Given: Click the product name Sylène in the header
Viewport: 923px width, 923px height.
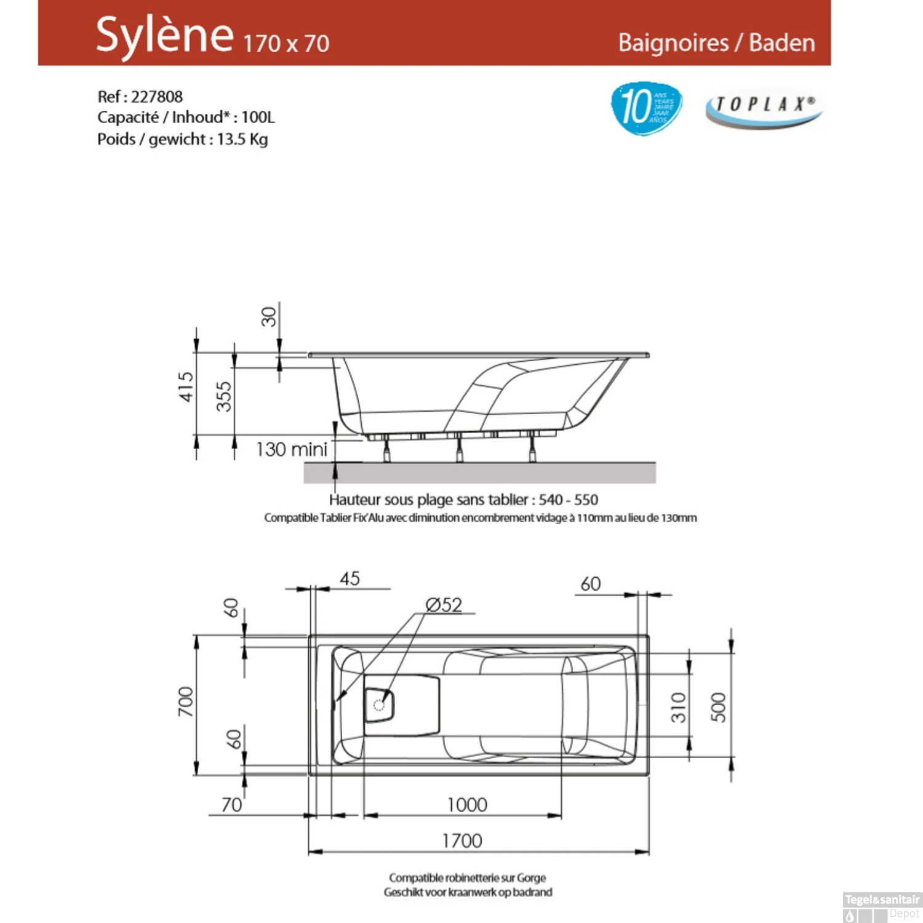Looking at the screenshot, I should tap(164, 35).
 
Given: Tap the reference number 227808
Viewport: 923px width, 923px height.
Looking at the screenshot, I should tap(157, 97).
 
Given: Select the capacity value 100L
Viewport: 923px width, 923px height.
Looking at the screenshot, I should tap(258, 117).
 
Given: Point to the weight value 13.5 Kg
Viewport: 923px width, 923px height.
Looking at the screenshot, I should tap(242, 139).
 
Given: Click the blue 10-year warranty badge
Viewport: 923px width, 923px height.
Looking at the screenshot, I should tap(645, 108).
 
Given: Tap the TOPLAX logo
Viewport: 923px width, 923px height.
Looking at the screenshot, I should tap(764, 108).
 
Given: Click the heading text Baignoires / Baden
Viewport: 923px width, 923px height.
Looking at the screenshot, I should tap(716, 42).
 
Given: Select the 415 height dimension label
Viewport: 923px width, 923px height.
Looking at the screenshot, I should tap(186, 386).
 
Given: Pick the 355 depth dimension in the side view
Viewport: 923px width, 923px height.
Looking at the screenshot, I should tap(224, 396).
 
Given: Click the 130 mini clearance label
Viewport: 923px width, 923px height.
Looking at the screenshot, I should tap(291, 449).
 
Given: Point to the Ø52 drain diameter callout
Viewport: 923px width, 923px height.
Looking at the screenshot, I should tap(444, 605).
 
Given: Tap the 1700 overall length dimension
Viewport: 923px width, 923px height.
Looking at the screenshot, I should tap(461, 841).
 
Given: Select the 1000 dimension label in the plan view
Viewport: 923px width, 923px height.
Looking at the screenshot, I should tap(467, 805).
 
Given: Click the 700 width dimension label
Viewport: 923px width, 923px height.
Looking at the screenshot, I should tap(185, 701).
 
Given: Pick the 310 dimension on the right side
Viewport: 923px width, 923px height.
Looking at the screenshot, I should tap(678, 707).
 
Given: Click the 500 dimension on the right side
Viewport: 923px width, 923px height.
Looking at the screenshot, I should tap(718, 707).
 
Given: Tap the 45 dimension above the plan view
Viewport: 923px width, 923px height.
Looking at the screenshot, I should tap(350, 579).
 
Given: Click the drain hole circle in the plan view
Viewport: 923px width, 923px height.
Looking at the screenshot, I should tap(379, 705).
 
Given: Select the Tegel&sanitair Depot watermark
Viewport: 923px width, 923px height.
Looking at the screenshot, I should tap(882, 905).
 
